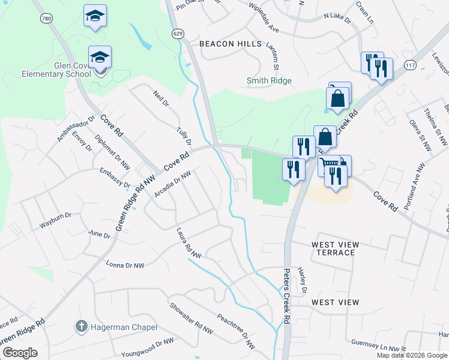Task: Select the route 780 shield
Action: point(46,19)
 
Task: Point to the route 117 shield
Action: point(411,64)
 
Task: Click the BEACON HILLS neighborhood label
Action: point(231,44)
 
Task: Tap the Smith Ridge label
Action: point(269,80)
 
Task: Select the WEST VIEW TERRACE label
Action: point(335,248)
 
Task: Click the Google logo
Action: point(20,352)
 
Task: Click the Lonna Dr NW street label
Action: point(125,265)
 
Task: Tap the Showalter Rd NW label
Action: point(191,322)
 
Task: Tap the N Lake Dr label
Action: point(337,18)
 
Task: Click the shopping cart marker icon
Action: point(330,165)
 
